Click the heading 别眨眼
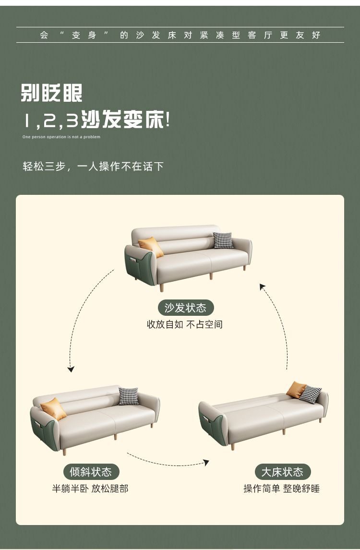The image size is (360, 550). (x=51, y=93)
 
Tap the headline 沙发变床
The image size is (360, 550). (x=123, y=119)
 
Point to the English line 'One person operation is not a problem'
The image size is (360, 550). (x=61, y=137)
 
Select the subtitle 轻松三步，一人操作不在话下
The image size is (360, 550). (x=93, y=166)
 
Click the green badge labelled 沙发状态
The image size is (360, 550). (x=186, y=308)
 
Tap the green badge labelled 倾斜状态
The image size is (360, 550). (x=91, y=472)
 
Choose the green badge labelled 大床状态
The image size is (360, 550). (x=283, y=472)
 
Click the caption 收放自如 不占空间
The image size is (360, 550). (x=185, y=324)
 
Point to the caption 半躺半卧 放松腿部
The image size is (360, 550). (x=90, y=488)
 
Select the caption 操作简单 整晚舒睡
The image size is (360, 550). (x=282, y=488)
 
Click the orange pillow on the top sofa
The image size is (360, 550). (x=151, y=247)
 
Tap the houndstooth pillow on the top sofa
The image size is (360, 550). (x=223, y=240)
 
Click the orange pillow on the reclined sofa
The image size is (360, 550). (x=53, y=408)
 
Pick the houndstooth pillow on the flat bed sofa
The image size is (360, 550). (x=310, y=394)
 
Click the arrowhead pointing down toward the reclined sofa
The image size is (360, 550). (x=71, y=369)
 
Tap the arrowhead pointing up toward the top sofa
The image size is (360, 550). (x=262, y=287)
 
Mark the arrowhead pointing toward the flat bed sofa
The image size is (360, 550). (x=206, y=462)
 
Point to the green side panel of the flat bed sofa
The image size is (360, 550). (x=212, y=426)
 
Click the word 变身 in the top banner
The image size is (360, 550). (x=84, y=35)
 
